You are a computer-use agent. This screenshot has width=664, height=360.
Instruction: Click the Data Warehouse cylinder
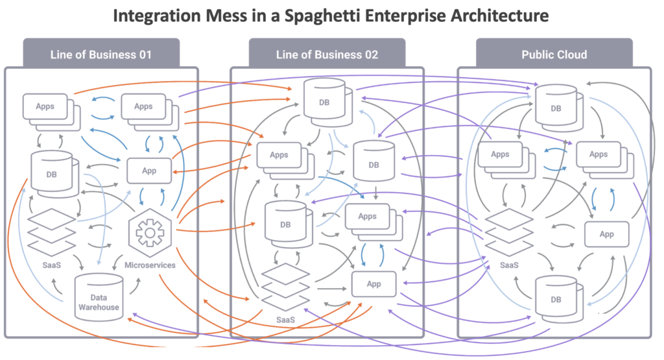pos(99,297)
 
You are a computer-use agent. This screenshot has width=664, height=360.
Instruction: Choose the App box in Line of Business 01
pos(149,171)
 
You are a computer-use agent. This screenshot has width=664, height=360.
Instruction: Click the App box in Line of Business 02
pos(373,283)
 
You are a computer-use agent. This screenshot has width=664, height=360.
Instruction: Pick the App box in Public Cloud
pos(606,234)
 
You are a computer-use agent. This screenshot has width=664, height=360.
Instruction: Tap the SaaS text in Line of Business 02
pos(285,319)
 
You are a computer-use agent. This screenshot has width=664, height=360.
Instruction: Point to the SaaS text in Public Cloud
pos(508,265)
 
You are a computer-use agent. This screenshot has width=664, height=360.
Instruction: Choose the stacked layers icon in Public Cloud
pos(508,231)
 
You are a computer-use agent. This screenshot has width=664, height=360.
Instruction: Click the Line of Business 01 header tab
pos(101,54)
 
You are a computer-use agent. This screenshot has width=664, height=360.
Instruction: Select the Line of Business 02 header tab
pos(327,54)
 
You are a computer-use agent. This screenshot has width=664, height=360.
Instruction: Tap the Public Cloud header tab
pos(554,54)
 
